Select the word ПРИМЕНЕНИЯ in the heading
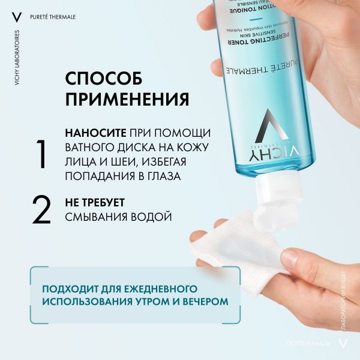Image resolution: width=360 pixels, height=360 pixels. [x=127, y=98]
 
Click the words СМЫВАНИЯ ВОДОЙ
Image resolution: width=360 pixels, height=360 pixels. [x=118, y=216]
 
